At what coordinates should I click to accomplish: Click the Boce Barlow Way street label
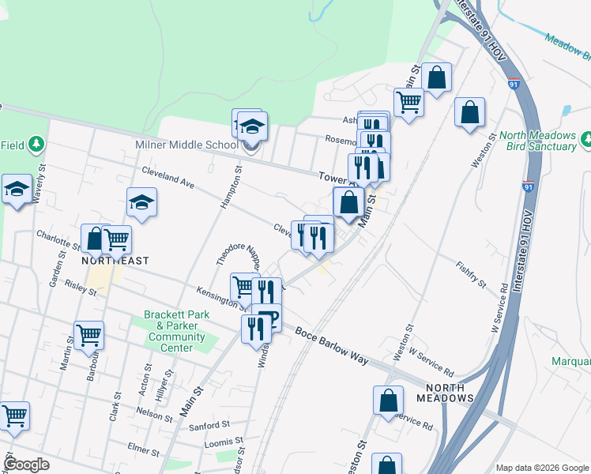click(x=333, y=345)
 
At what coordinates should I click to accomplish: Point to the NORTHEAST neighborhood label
click(x=116, y=260)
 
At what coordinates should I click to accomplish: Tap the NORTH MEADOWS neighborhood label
click(x=450, y=393)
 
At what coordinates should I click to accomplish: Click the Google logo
click(x=26, y=465)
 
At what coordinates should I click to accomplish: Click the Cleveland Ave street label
click(x=168, y=177)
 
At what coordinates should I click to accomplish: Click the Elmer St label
click(x=143, y=449)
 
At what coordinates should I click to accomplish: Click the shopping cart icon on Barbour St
click(x=88, y=334)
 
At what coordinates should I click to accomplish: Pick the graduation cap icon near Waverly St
click(x=17, y=190)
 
